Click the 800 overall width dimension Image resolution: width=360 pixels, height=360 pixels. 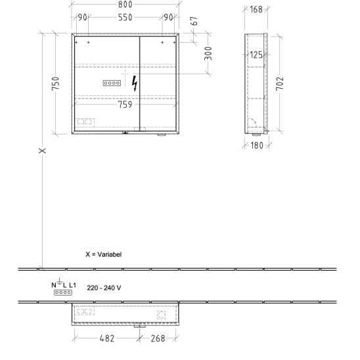pos(125,5)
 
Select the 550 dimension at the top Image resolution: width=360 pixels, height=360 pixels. pos(125,18)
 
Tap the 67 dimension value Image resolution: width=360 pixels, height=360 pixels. pos(194,21)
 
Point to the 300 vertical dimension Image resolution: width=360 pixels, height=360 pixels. pos(208,53)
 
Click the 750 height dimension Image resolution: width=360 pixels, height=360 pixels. pos(56,83)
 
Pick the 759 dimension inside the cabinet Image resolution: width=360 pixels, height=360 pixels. pos(125,104)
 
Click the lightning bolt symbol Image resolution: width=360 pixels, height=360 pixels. pos(135,83)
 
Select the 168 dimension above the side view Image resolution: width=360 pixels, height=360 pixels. pos(256,10)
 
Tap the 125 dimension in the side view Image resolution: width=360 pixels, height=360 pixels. pos(256,55)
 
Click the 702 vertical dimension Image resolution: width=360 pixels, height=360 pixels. pos(280,83)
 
